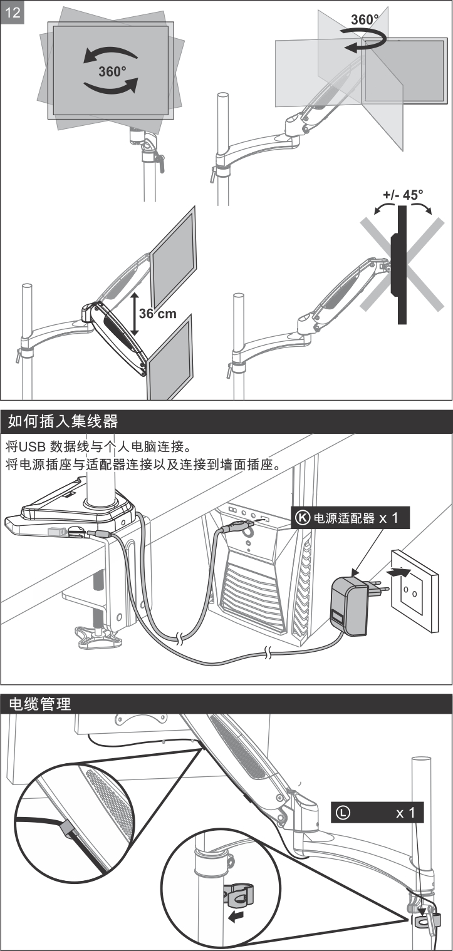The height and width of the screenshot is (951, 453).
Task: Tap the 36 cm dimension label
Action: click(158, 313)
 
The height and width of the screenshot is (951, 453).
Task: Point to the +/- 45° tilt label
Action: click(403, 195)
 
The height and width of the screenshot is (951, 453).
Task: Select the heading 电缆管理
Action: click(39, 704)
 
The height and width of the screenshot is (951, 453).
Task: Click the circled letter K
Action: click(303, 518)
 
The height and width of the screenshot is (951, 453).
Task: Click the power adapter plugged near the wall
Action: click(348, 607)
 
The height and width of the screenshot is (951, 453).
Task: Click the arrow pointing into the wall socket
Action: click(398, 572)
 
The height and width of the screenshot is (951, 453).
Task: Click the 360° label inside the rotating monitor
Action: click(112, 71)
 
